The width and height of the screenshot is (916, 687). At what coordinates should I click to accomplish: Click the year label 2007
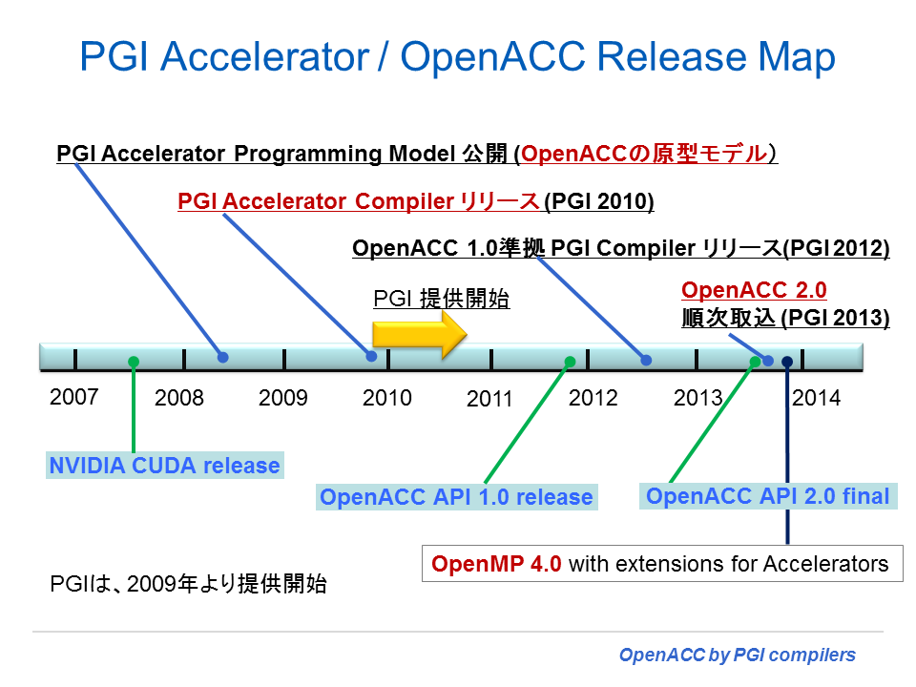coord(74,397)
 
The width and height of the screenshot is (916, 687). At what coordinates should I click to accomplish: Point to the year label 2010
coord(386,398)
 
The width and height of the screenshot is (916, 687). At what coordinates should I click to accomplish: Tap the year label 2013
coord(698,398)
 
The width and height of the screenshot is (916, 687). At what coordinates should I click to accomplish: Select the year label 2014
coord(816,398)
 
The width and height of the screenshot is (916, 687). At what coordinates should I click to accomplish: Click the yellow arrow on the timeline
coord(420,335)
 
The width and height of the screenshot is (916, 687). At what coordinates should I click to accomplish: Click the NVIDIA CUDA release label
coord(165,466)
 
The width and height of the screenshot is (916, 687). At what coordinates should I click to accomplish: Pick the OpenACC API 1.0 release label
coord(456,497)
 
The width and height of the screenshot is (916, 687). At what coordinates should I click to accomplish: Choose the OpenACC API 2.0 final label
coord(767,496)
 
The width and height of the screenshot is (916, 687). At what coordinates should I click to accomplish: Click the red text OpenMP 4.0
coord(496,564)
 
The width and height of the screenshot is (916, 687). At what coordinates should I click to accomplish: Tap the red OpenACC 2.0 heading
coord(754,290)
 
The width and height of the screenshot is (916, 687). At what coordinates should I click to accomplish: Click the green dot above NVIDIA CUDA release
coord(134,363)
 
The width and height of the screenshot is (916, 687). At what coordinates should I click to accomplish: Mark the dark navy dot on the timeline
coord(787,363)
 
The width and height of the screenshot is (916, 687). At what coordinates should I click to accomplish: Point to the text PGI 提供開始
coord(442,299)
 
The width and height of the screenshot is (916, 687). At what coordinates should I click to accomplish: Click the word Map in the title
coord(797,58)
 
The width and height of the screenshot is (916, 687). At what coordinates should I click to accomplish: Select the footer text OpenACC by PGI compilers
coord(738,655)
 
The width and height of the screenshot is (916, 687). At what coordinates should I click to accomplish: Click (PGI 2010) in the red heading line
coord(599,201)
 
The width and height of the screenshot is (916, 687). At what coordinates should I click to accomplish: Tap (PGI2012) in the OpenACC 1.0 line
coord(836,248)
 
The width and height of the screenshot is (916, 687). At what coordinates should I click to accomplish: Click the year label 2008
coord(178,398)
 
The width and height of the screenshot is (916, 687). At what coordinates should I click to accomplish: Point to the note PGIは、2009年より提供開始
coord(188,584)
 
